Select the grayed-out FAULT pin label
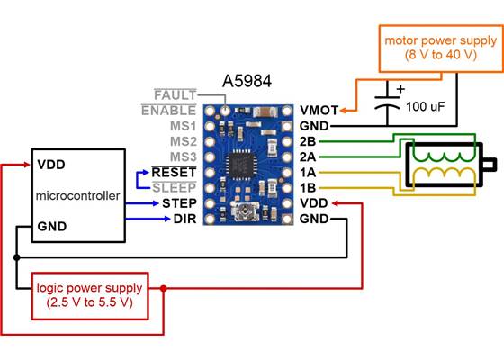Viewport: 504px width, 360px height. pyautogui.click(x=175, y=95)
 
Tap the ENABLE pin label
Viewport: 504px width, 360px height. pyautogui.click(x=169, y=111)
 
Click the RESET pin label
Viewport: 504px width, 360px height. pyautogui.click(x=176, y=171)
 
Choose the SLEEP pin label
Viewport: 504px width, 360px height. pyautogui.click(x=176, y=186)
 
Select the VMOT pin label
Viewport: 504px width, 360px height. pyautogui.click(x=316, y=111)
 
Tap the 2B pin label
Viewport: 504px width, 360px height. pyautogui.click(x=308, y=141)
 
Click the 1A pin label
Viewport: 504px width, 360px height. pyautogui.click(x=308, y=172)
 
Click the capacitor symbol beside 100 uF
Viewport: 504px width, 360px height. pyautogui.click(x=390, y=105)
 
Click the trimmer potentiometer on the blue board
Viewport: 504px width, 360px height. pyautogui.click(x=242, y=212)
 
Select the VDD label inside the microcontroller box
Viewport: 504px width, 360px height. pyautogui.click(x=50, y=166)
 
